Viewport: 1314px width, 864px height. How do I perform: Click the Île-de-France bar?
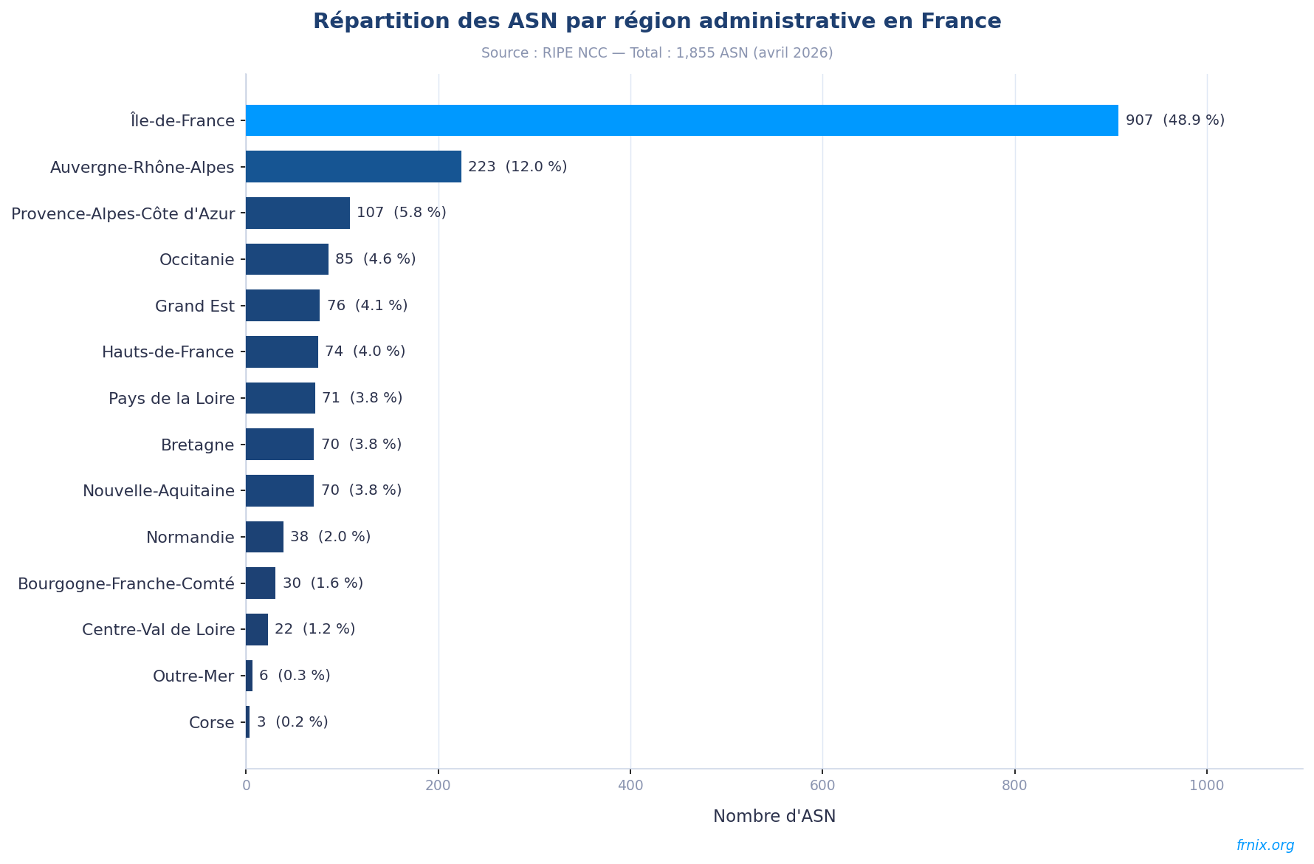click(x=681, y=120)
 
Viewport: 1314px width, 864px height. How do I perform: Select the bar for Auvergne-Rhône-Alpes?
click(x=353, y=167)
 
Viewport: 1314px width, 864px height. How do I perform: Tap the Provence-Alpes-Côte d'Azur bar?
click(x=297, y=213)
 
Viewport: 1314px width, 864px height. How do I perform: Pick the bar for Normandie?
click(x=264, y=537)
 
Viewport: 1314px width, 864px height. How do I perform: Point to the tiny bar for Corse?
click(x=248, y=722)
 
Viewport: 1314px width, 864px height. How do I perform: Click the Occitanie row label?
click(x=196, y=260)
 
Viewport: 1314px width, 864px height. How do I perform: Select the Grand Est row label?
click(x=194, y=306)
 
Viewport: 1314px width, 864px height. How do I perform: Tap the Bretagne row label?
click(x=197, y=445)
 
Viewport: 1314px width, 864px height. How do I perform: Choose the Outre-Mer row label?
click(x=193, y=676)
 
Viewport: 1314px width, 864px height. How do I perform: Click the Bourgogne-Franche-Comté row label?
click(x=125, y=583)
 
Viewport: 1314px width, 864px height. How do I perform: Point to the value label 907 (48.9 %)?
click(x=1174, y=120)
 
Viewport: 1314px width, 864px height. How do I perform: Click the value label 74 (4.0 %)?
click(x=365, y=352)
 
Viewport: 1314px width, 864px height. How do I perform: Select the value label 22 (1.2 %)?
click(x=314, y=629)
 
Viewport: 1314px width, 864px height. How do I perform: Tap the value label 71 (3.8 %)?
click(x=362, y=398)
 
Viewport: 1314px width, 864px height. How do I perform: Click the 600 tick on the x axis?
click(x=822, y=786)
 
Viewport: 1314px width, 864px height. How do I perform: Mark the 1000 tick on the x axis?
click(x=1206, y=786)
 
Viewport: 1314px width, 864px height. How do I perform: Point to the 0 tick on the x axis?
click(x=246, y=786)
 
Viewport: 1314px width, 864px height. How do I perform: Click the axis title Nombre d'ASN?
click(x=774, y=817)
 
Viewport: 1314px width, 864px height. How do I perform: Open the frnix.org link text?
click(x=1265, y=846)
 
